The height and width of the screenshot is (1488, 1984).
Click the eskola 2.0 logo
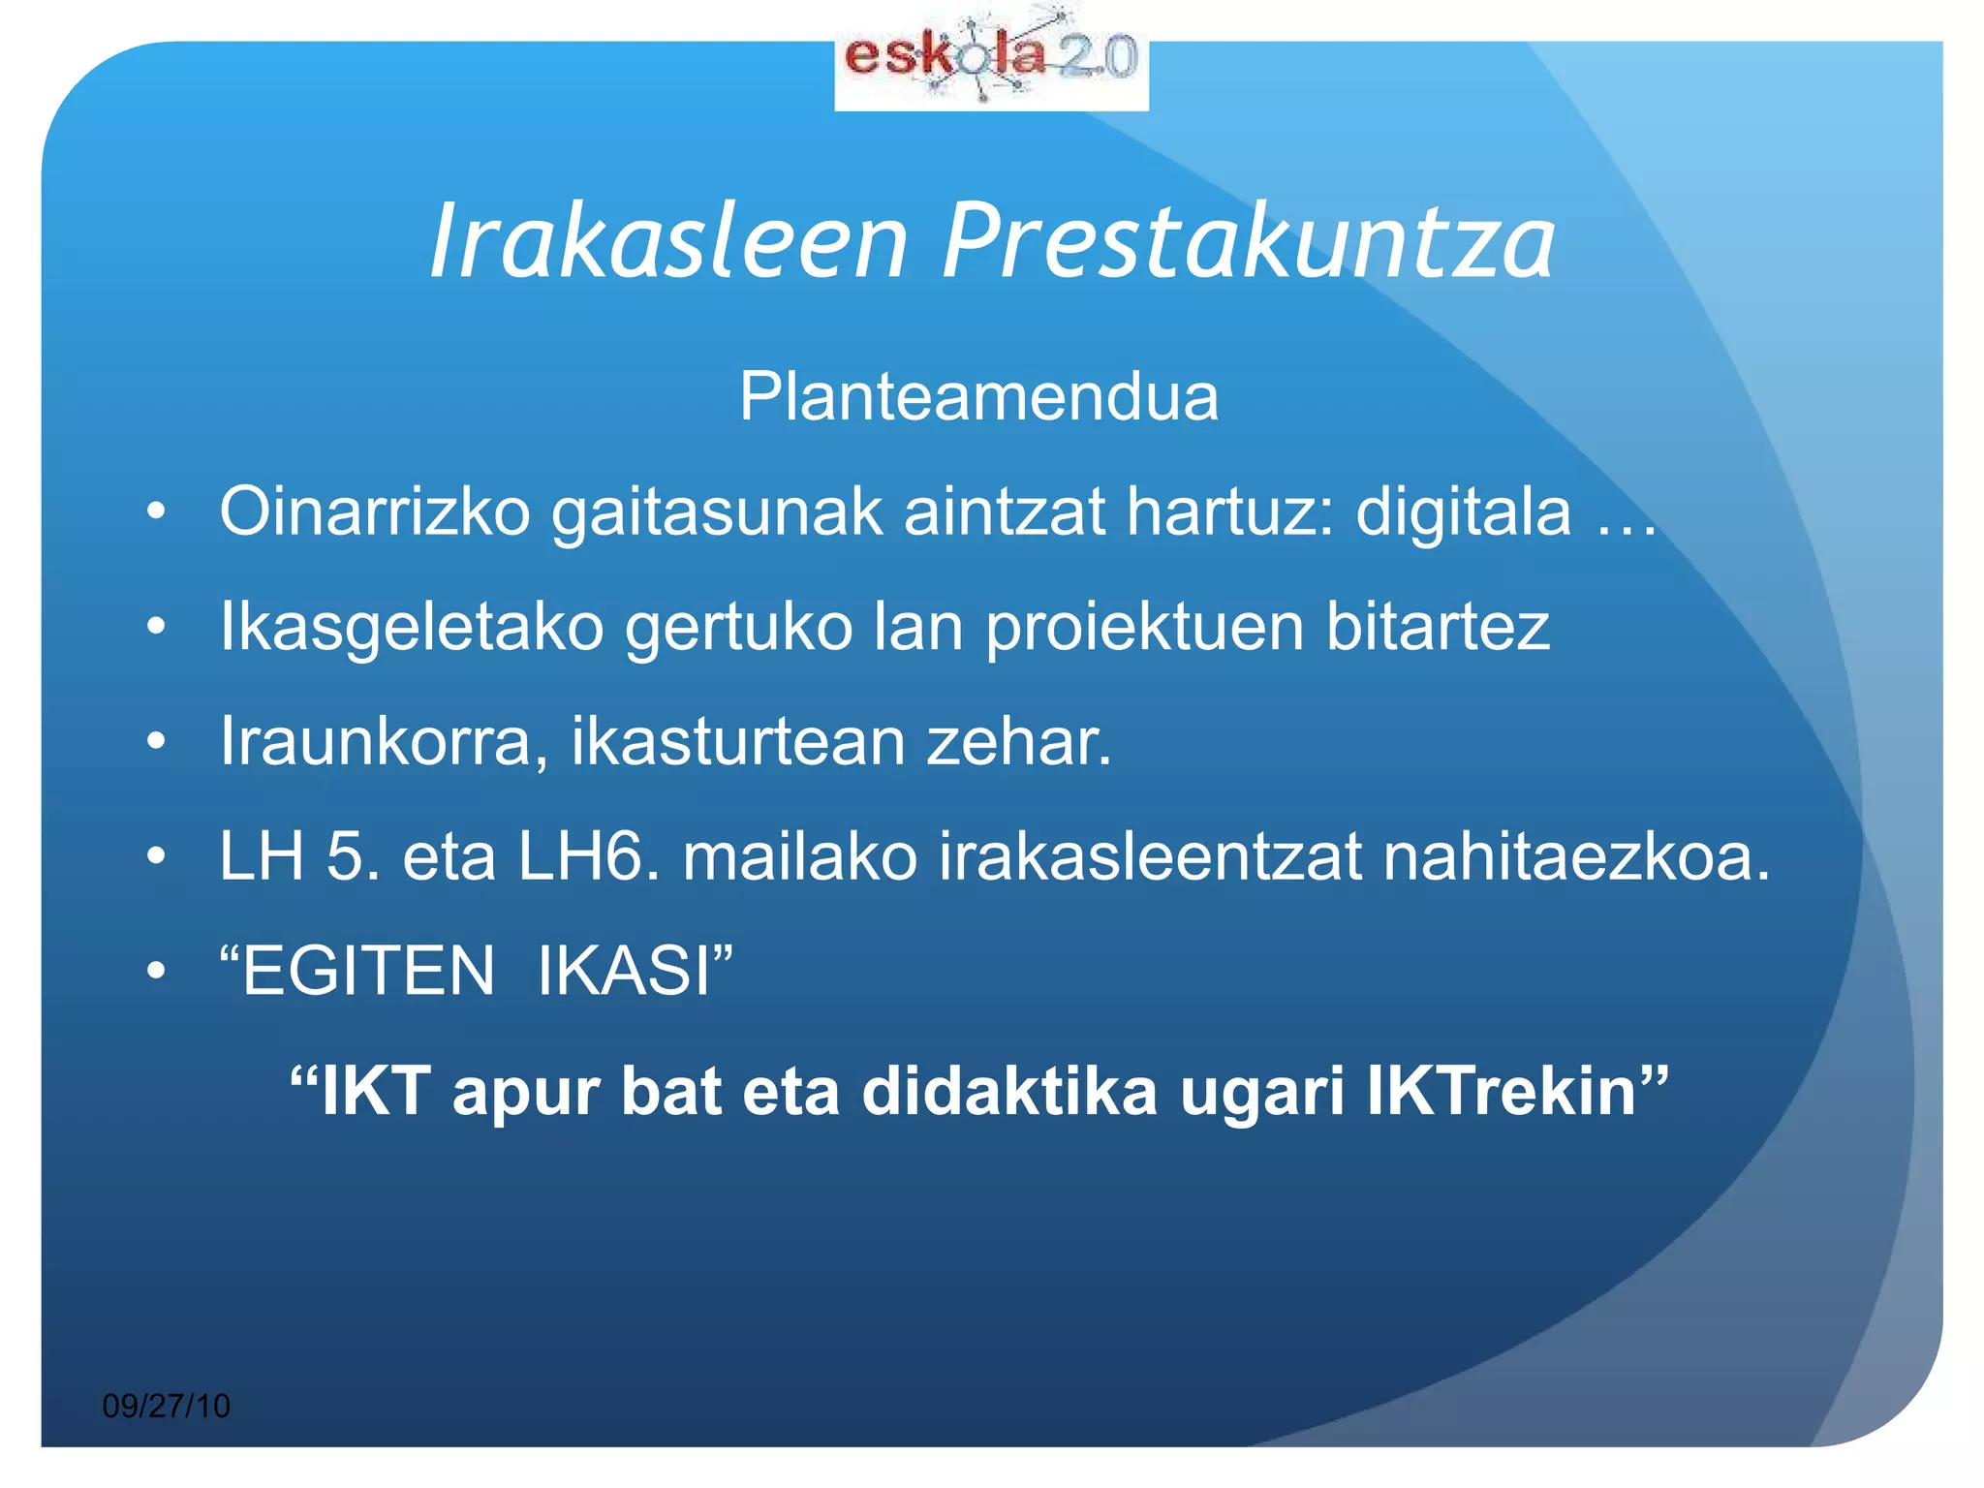pyautogui.click(x=991, y=60)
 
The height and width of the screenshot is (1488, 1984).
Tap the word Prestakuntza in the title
pyautogui.click(x=1249, y=241)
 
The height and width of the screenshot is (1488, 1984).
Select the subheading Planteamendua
pyautogui.click(x=978, y=396)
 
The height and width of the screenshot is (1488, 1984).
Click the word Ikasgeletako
pyautogui.click(x=412, y=627)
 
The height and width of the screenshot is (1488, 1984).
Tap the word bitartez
pyautogui.click(x=1438, y=627)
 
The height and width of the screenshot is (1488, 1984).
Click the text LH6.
pyautogui.click(x=588, y=856)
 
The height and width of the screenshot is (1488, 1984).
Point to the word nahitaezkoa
pyautogui.click(x=1575, y=856)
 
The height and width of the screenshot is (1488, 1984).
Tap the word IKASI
pyautogui.click(x=626, y=971)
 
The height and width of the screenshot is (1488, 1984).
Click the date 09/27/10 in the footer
pyautogui.click(x=167, y=1406)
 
